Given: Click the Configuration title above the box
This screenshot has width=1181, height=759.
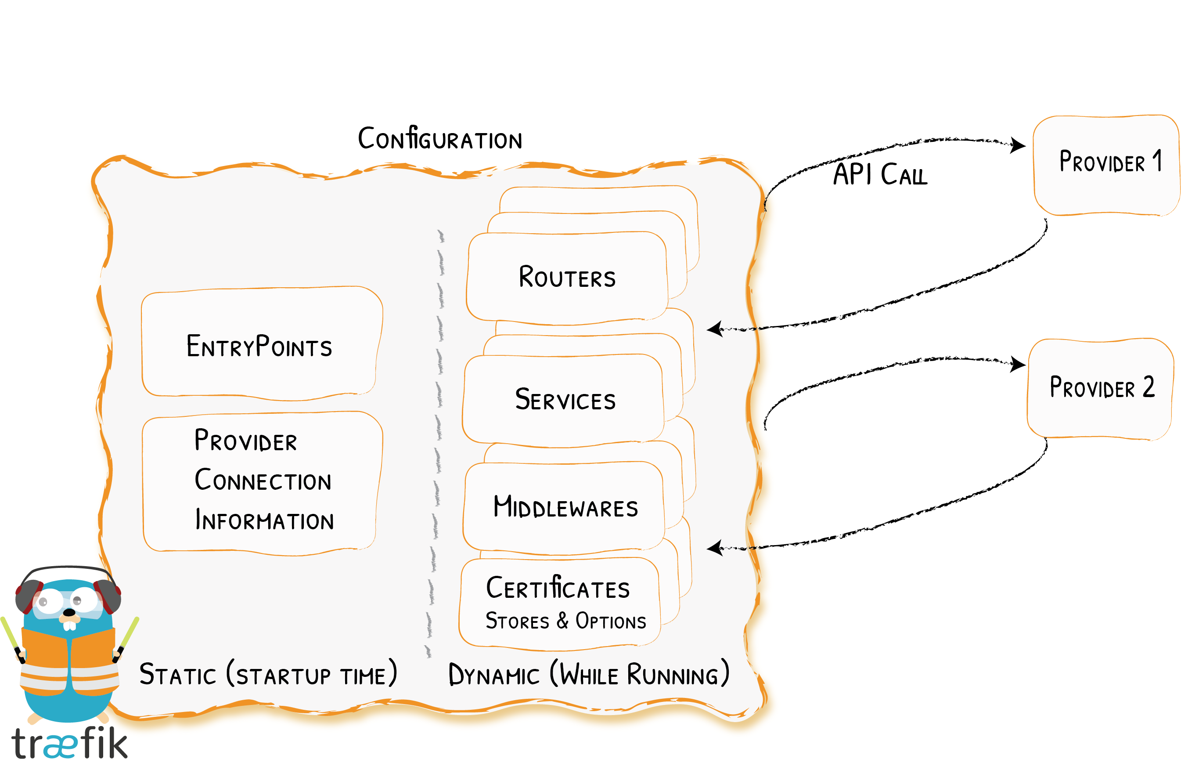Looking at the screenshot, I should [x=440, y=139].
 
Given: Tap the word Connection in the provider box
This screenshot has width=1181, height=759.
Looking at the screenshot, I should [x=263, y=480].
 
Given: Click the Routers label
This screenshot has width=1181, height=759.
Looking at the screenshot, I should [x=567, y=277].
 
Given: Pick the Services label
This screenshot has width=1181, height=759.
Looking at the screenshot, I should [x=565, y=399].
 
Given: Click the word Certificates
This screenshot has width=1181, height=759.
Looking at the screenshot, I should [x=558, y=588].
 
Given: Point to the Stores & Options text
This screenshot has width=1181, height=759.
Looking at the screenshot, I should [x=565, y=621].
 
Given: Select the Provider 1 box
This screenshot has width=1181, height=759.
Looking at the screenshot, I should [x=1105, y=165].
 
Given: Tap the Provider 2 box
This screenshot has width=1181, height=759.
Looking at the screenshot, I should [x=1100, y=388].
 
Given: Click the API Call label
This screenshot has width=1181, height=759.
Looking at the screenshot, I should [x=880, y=174].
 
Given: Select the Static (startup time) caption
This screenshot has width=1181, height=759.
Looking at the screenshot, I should [x=268, y=674].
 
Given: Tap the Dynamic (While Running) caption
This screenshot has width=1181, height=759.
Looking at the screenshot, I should [x=589, y=674].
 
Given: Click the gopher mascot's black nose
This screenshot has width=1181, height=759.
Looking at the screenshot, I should [x=69, y=613].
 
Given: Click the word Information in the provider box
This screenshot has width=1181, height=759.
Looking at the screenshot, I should [x=264, y=520].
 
